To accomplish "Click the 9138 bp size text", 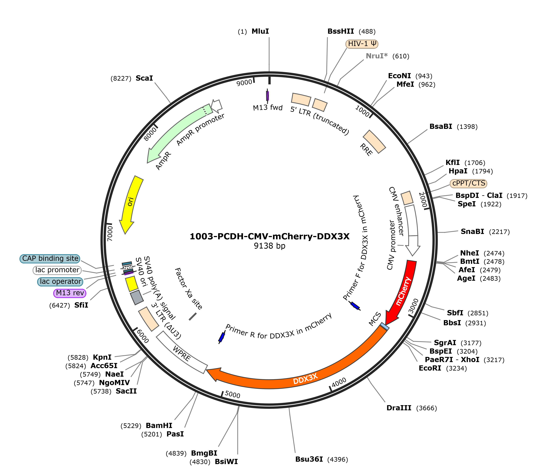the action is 269,246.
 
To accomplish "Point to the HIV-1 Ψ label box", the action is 362,44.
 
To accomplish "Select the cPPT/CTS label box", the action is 469,183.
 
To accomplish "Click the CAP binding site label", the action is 50,258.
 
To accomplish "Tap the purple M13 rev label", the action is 70,293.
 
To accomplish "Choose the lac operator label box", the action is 60,282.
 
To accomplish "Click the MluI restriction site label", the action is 260,31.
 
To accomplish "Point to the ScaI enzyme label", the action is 144,78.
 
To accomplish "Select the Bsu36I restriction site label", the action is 309,459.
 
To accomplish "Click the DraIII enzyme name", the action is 399,408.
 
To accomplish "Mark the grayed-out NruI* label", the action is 377,56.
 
